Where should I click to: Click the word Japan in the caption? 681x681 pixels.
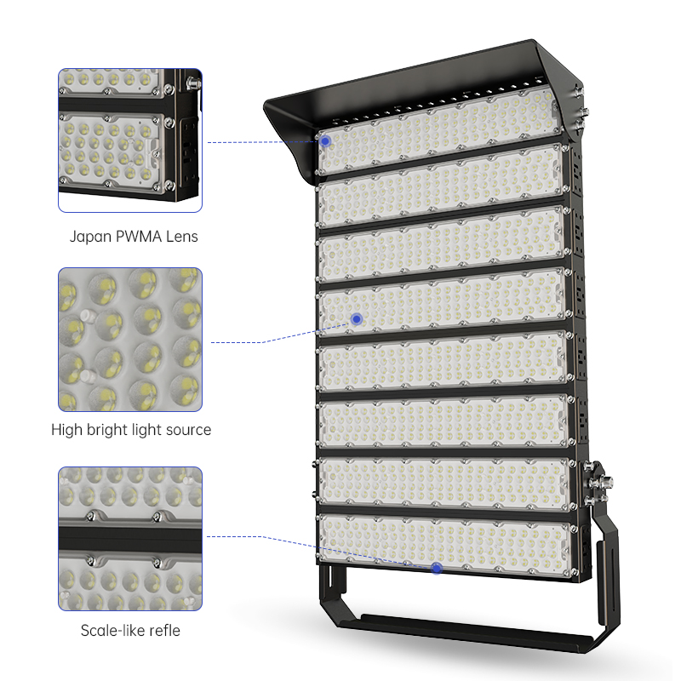pos(90,237)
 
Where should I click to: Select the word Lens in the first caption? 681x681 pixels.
pos(182,237)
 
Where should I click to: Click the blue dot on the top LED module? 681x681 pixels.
pos(325,141)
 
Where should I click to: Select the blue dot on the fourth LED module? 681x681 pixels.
pos(357,319)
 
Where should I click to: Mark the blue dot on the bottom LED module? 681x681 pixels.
pos(437,568)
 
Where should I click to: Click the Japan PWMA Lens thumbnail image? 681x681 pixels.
pos(130,140)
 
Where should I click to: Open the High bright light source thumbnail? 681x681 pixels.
pos(130,340)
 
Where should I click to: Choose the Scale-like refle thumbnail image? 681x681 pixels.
pos(130,539)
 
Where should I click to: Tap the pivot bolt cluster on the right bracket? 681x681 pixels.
pos(598,483)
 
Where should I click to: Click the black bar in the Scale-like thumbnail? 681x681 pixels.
pos(130,540)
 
